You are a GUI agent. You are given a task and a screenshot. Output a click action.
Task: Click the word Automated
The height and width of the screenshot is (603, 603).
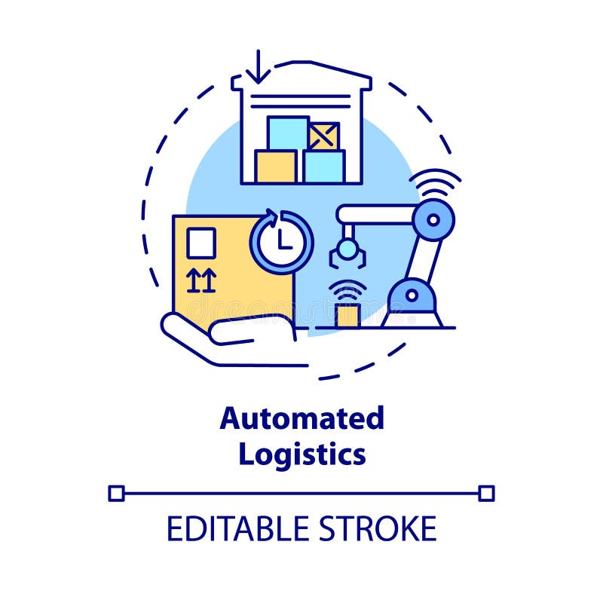(x=301, y=418)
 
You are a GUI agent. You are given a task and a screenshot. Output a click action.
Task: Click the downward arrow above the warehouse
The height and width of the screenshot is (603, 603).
(x=258, y=66)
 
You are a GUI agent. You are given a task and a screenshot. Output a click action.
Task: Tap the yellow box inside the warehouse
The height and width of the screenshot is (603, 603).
(x=275, y=166)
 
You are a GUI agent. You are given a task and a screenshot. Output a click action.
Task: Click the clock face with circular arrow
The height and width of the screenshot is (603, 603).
(x=281, y=241)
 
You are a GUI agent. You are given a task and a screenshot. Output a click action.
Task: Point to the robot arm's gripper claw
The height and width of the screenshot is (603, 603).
(x=347, y=253)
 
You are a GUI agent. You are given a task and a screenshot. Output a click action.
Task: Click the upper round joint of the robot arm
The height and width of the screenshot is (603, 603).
(x=433, y=219)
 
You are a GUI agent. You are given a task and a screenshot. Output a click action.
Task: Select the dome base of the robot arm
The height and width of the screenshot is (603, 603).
(x=412, y=301)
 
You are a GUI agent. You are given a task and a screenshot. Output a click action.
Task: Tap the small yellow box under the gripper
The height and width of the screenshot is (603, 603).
(x=347, y=316)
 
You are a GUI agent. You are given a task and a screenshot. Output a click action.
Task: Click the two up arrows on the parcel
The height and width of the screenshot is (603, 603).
(x=201, y=280)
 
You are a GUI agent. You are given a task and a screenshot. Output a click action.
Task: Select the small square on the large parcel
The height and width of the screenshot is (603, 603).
(x=201, y=243)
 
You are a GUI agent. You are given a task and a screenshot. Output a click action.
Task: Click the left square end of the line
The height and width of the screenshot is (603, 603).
(x=116, y=493)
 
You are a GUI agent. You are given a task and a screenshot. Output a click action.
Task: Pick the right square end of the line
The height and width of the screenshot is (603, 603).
(x=487, y=493)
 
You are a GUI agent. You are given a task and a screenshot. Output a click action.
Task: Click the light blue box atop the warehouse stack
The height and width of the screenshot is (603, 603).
(x=287, y=133)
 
